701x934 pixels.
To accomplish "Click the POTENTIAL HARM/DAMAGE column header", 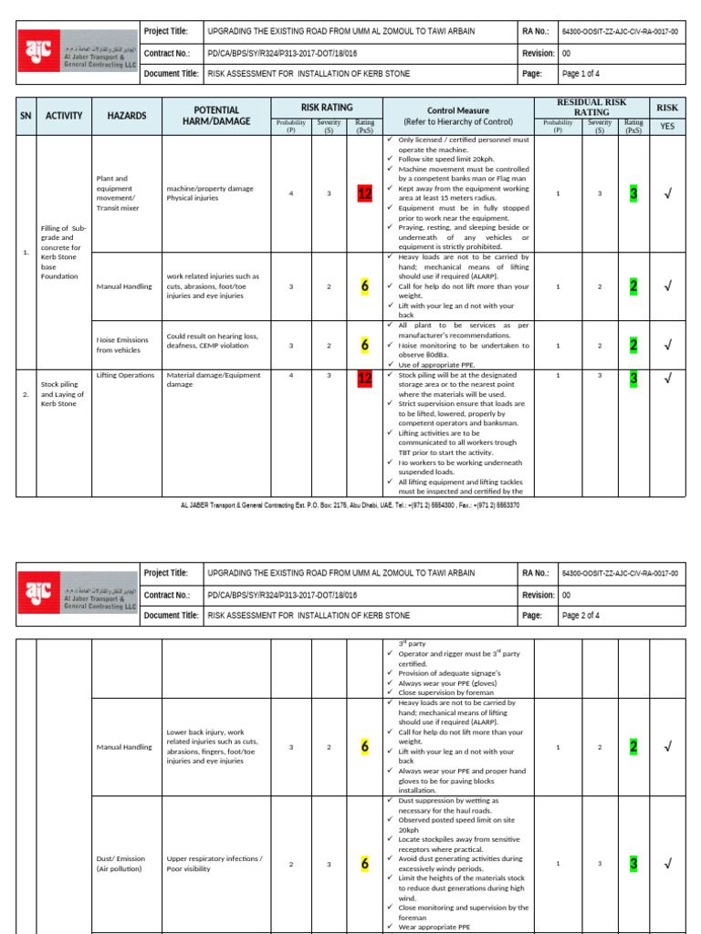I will click(211, 116).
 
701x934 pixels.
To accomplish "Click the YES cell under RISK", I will click(667, 126).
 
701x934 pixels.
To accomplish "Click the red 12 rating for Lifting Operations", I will click(365, 377).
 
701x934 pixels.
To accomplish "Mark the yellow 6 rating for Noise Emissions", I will click(364, 345).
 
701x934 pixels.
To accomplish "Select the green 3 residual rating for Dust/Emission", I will click(633, 863).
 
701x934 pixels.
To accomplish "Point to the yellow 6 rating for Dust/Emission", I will click(364, 863).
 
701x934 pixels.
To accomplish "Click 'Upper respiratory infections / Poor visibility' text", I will click(214, 863).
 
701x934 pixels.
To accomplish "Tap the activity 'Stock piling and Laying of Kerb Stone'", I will click(62, 394).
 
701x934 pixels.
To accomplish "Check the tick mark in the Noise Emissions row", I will click(667, 345).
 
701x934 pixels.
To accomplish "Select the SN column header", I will click(26, 116).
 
